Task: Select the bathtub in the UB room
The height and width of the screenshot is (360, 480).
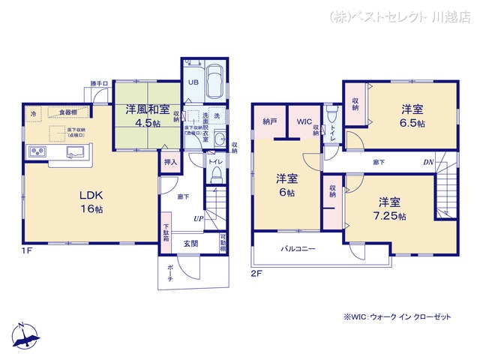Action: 214,81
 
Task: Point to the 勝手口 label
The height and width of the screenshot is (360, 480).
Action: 99,84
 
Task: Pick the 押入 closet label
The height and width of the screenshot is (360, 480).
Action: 170,162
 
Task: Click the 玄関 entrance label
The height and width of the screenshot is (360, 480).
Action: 191,243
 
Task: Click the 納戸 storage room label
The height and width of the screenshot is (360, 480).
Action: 270,121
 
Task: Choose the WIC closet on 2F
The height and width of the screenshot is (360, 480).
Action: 303,121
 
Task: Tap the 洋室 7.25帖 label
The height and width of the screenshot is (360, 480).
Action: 391,208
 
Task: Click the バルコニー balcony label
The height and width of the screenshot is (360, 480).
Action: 298,249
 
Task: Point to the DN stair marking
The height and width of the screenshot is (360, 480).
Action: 427,162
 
